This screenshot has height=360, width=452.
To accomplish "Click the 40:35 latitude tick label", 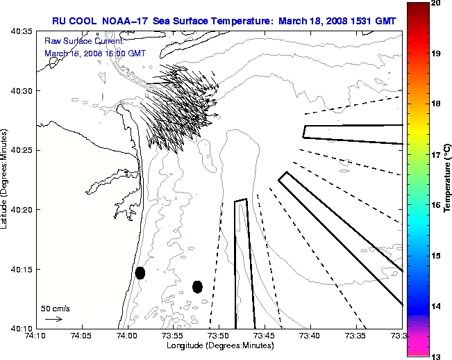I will [x=19, y=32].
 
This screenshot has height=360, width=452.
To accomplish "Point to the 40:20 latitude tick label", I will [x=19, y=210].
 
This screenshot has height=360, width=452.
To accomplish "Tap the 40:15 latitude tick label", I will [x=19, y=269].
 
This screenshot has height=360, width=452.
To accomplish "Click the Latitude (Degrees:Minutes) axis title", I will [x=6, y=179].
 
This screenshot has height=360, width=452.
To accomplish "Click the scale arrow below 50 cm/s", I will [x=53, y=319].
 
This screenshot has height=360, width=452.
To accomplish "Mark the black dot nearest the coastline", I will [x=140, y=272].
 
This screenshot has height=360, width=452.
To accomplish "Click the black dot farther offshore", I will [x=197, y=286].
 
